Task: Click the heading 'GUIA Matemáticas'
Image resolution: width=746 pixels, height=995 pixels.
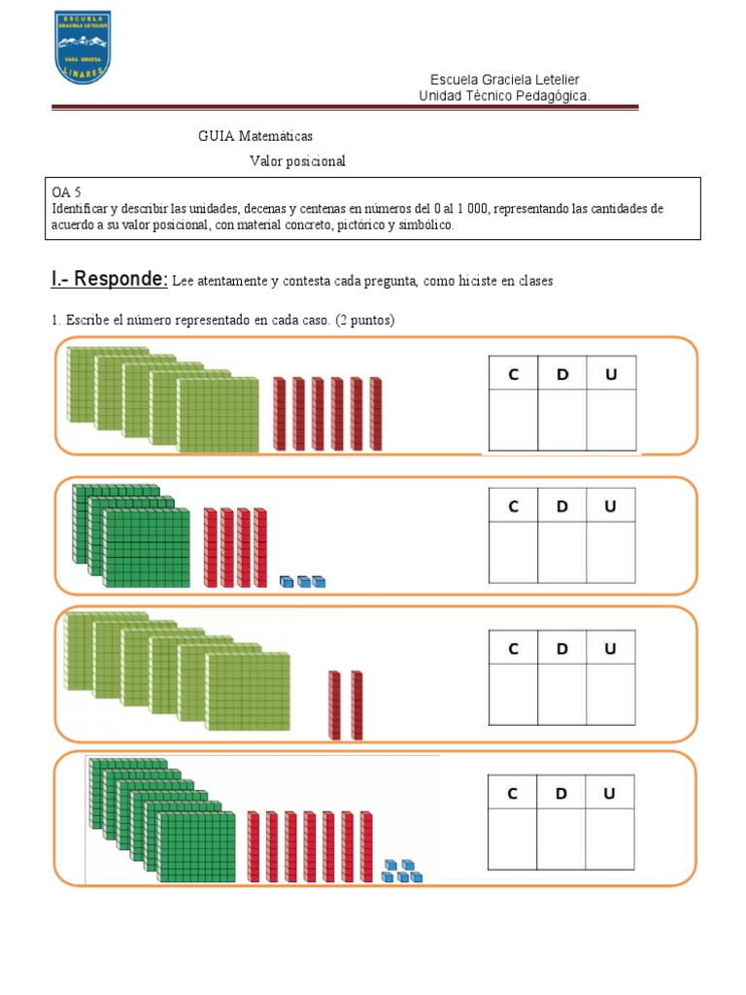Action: click(x=255, y=136)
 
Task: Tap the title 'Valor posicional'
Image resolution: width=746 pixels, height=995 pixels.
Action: click(x=297, y=161)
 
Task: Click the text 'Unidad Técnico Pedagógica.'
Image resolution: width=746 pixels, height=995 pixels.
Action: click(x=504, y=95)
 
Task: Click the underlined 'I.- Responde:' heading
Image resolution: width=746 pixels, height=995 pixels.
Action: click(x=109, y=281)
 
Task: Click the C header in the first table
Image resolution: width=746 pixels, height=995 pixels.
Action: click(x=514, y=373)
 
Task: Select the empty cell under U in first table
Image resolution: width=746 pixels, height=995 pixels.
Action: click(x=611, y=420)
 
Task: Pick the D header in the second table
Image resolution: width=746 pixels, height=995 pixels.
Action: click(x=562, y=505)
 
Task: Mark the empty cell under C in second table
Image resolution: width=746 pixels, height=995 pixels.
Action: click(x=514, y=552)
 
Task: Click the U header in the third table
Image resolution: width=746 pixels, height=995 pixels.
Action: click(x=611, y=648)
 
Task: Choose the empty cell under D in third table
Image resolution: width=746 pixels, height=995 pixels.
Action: click(x=562, y=695)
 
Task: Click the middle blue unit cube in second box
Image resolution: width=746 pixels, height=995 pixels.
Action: click(x=303, y=582)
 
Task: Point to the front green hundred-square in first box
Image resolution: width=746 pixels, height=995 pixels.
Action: click(x=219, y=415)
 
